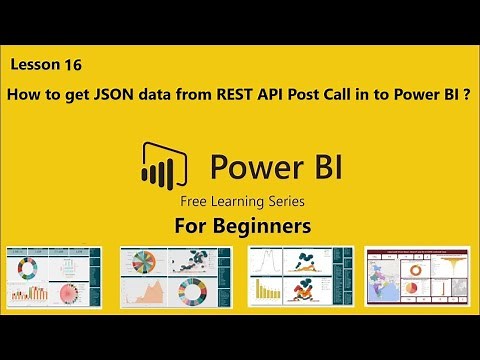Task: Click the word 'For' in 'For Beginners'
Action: [x=191, y=226]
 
